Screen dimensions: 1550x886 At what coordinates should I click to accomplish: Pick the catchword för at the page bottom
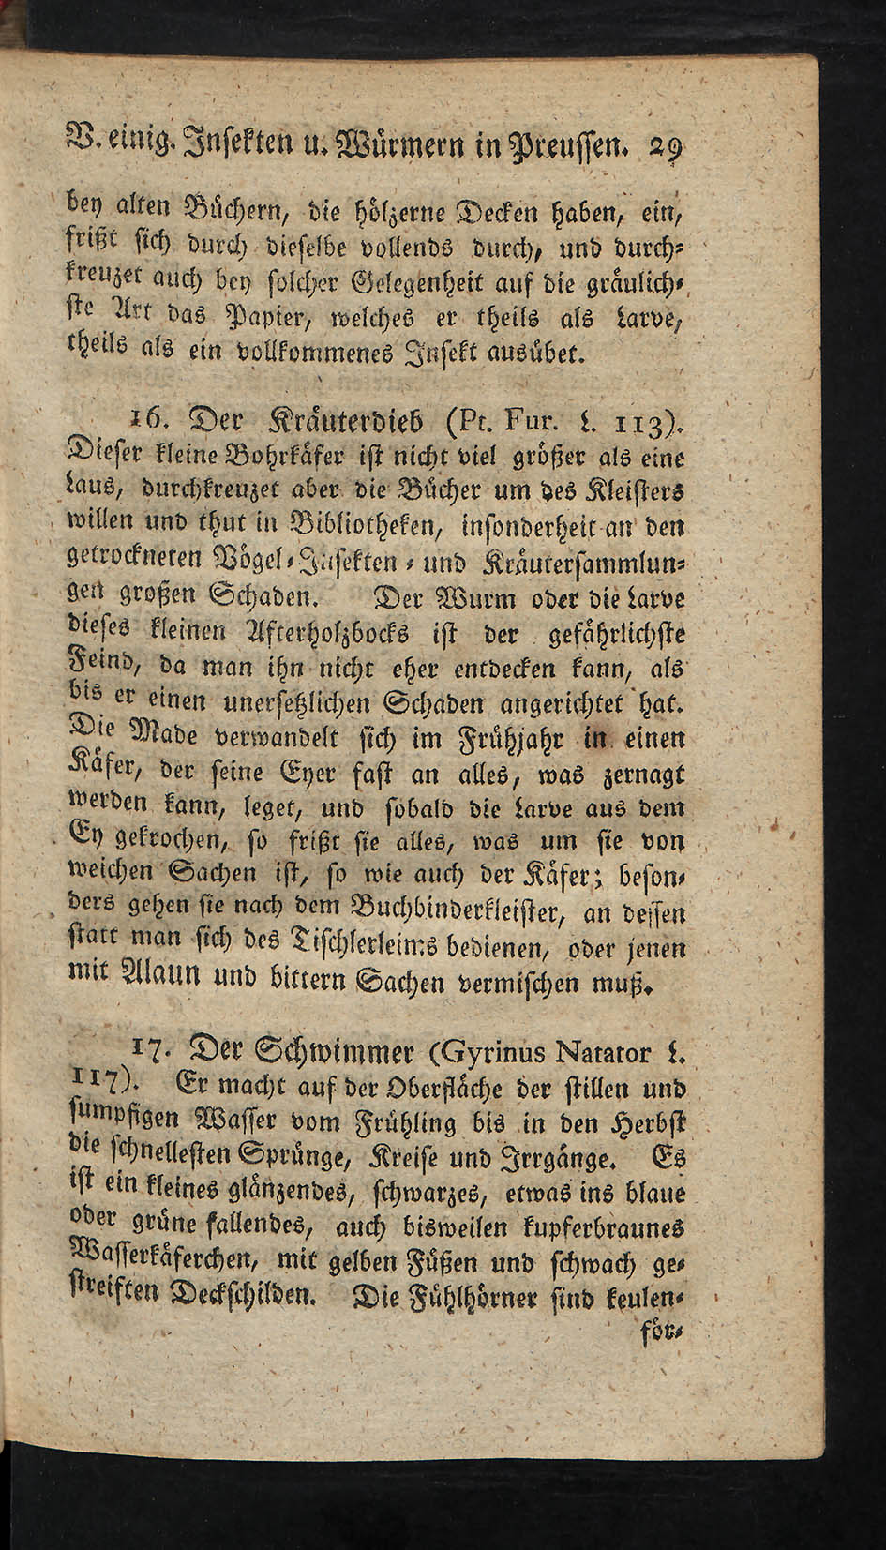pyautogui.click(x=662, y=1331)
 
